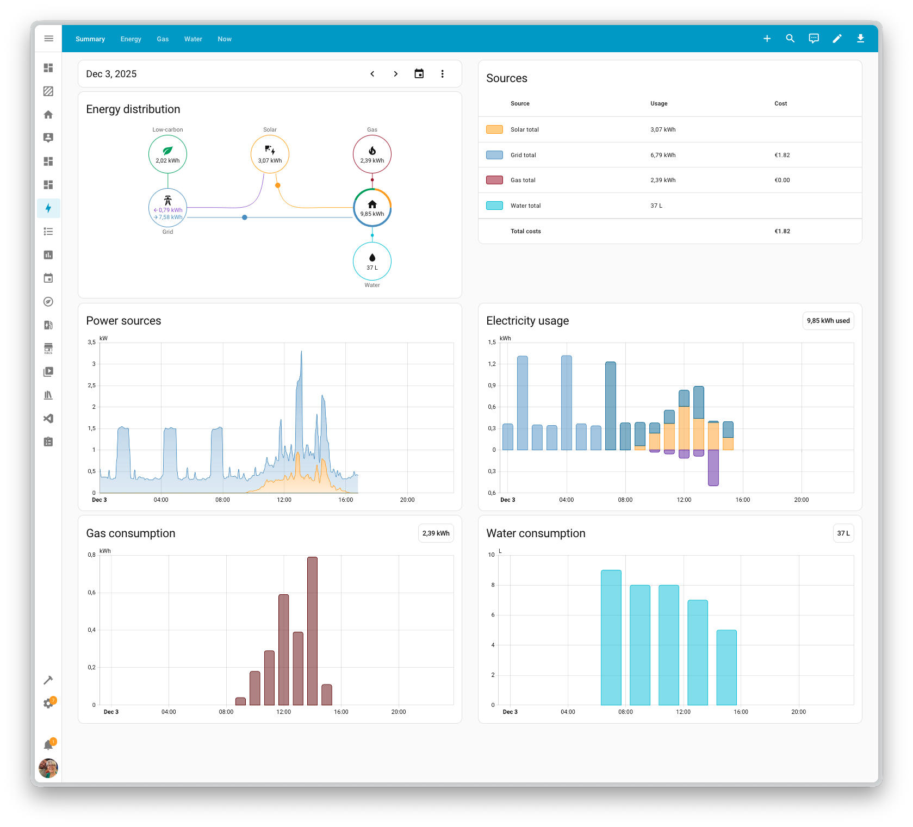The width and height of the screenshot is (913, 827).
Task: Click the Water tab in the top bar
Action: point(193,39)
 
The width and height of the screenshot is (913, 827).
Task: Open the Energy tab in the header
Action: point(131,39)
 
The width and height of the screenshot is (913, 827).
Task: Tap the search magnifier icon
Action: point(790,39)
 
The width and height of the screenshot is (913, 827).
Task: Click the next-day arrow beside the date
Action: point(395,74)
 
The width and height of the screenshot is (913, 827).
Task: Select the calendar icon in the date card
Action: point(419,74)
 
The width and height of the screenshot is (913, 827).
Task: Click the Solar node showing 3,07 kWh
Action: point(270,154)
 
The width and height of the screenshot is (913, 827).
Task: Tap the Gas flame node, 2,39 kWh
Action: point(372,154)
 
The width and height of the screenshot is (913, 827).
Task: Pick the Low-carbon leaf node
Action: point(167,154)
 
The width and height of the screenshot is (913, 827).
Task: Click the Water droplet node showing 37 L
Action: point(372,262)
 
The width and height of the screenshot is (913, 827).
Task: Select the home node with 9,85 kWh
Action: point(372,208)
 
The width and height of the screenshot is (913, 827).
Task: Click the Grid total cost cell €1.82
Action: point(782,155)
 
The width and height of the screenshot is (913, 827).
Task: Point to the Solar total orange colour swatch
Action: point(494,129)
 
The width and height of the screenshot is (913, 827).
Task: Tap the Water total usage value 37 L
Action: point(656,206)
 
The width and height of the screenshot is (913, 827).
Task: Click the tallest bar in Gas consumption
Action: point(312,631)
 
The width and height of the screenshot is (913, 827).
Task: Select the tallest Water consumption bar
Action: point(611,637)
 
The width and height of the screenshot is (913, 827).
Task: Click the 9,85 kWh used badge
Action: point(828,321)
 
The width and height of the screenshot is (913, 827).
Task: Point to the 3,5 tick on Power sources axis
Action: point(92,343)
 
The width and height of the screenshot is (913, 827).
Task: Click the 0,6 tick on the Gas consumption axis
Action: point(92,593)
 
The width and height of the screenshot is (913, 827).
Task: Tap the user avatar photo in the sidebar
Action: point(48,768)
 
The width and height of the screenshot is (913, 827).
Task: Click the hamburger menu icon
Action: point(48,39)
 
